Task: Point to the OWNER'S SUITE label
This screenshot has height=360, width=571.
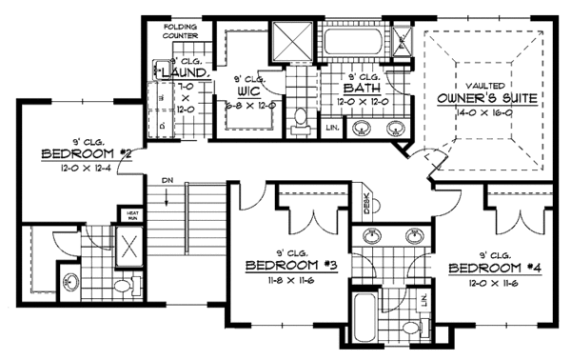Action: [482, 97]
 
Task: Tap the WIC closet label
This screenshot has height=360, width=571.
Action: [252, 91]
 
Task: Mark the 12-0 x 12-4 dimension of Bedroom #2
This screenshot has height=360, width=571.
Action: [78, 169]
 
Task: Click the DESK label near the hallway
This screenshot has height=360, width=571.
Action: [367, 203]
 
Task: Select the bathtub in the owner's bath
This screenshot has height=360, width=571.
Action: [355, 42]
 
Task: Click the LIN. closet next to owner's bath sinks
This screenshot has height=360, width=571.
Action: [331, 127]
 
